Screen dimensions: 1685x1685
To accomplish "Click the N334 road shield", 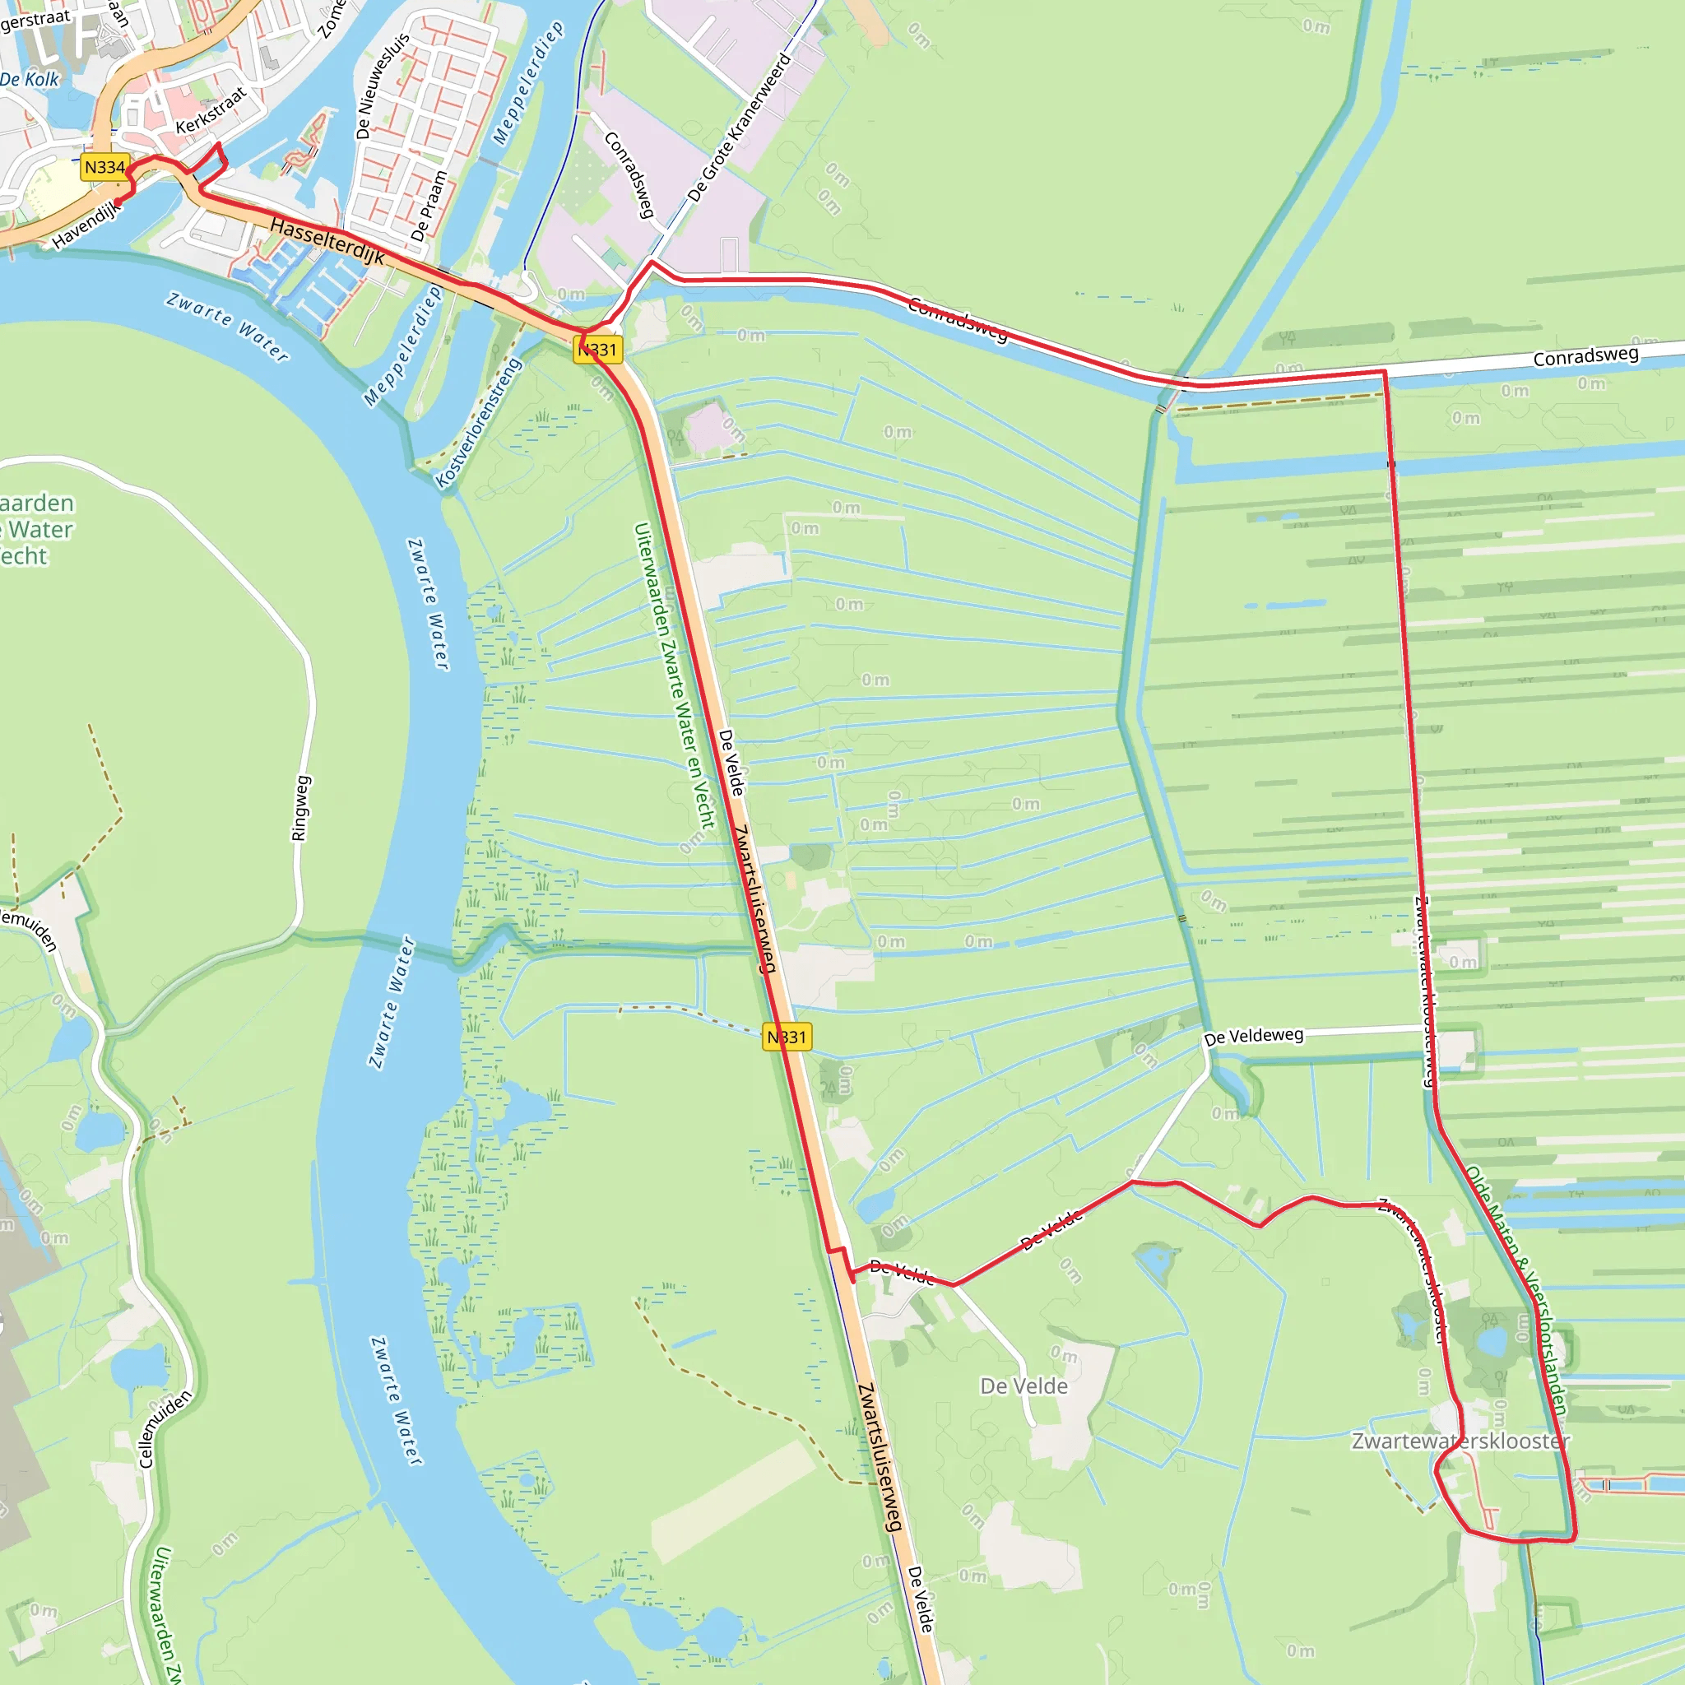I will pos(104,168).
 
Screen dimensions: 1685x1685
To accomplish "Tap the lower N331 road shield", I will pos(787,1037).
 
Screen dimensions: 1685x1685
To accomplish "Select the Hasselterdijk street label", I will pos(327,241).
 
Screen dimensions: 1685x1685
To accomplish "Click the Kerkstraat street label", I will pos(211,111).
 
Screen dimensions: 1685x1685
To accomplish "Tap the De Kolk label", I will pos(30,79).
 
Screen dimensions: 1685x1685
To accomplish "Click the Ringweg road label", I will pos(300,808).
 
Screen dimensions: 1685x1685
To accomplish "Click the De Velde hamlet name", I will pos(1024,1386).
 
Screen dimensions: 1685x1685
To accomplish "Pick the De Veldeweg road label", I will pos(1253,1036).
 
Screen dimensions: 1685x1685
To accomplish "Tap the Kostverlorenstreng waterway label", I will pos(478,423).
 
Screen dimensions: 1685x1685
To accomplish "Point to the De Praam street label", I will pos(429,207).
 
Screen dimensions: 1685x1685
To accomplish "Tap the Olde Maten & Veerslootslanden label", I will pos(1516,1291).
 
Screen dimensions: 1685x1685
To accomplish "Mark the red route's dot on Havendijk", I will pos(118,204).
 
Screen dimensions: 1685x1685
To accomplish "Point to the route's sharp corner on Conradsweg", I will pos(1384,373).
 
